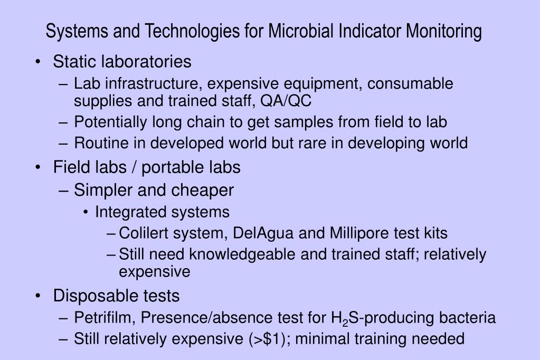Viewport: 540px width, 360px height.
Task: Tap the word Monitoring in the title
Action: pos(443,31)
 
